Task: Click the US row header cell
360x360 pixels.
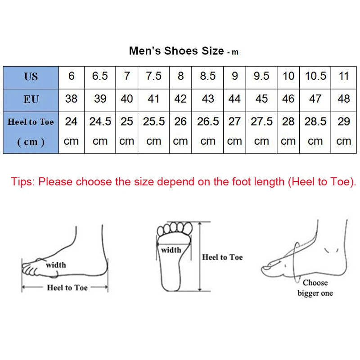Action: point(31,76)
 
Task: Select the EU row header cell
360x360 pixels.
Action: point(31,99)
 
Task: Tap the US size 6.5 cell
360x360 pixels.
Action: point(100,76)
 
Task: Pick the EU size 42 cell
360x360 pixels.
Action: point(180,99)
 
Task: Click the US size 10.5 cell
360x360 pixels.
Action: point(315,76)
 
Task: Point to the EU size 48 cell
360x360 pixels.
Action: point(344,99)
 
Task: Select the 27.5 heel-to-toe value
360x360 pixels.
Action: point(261,121)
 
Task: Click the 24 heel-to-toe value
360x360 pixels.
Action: point(71,121)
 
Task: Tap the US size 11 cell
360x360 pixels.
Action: point(344,76)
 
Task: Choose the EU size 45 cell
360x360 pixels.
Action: point(261,99)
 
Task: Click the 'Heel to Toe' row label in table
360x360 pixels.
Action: point(31,122)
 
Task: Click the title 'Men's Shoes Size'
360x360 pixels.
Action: point(176,50)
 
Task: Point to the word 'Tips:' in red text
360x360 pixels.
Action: point(23,182)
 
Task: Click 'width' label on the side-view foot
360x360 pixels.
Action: point(56,265)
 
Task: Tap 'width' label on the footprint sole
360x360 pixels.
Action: point(171,250)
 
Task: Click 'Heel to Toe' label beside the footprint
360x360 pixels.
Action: point(222,257)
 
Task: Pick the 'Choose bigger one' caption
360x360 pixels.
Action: point(315,288)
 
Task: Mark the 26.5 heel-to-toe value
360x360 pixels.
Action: point(207,121)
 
